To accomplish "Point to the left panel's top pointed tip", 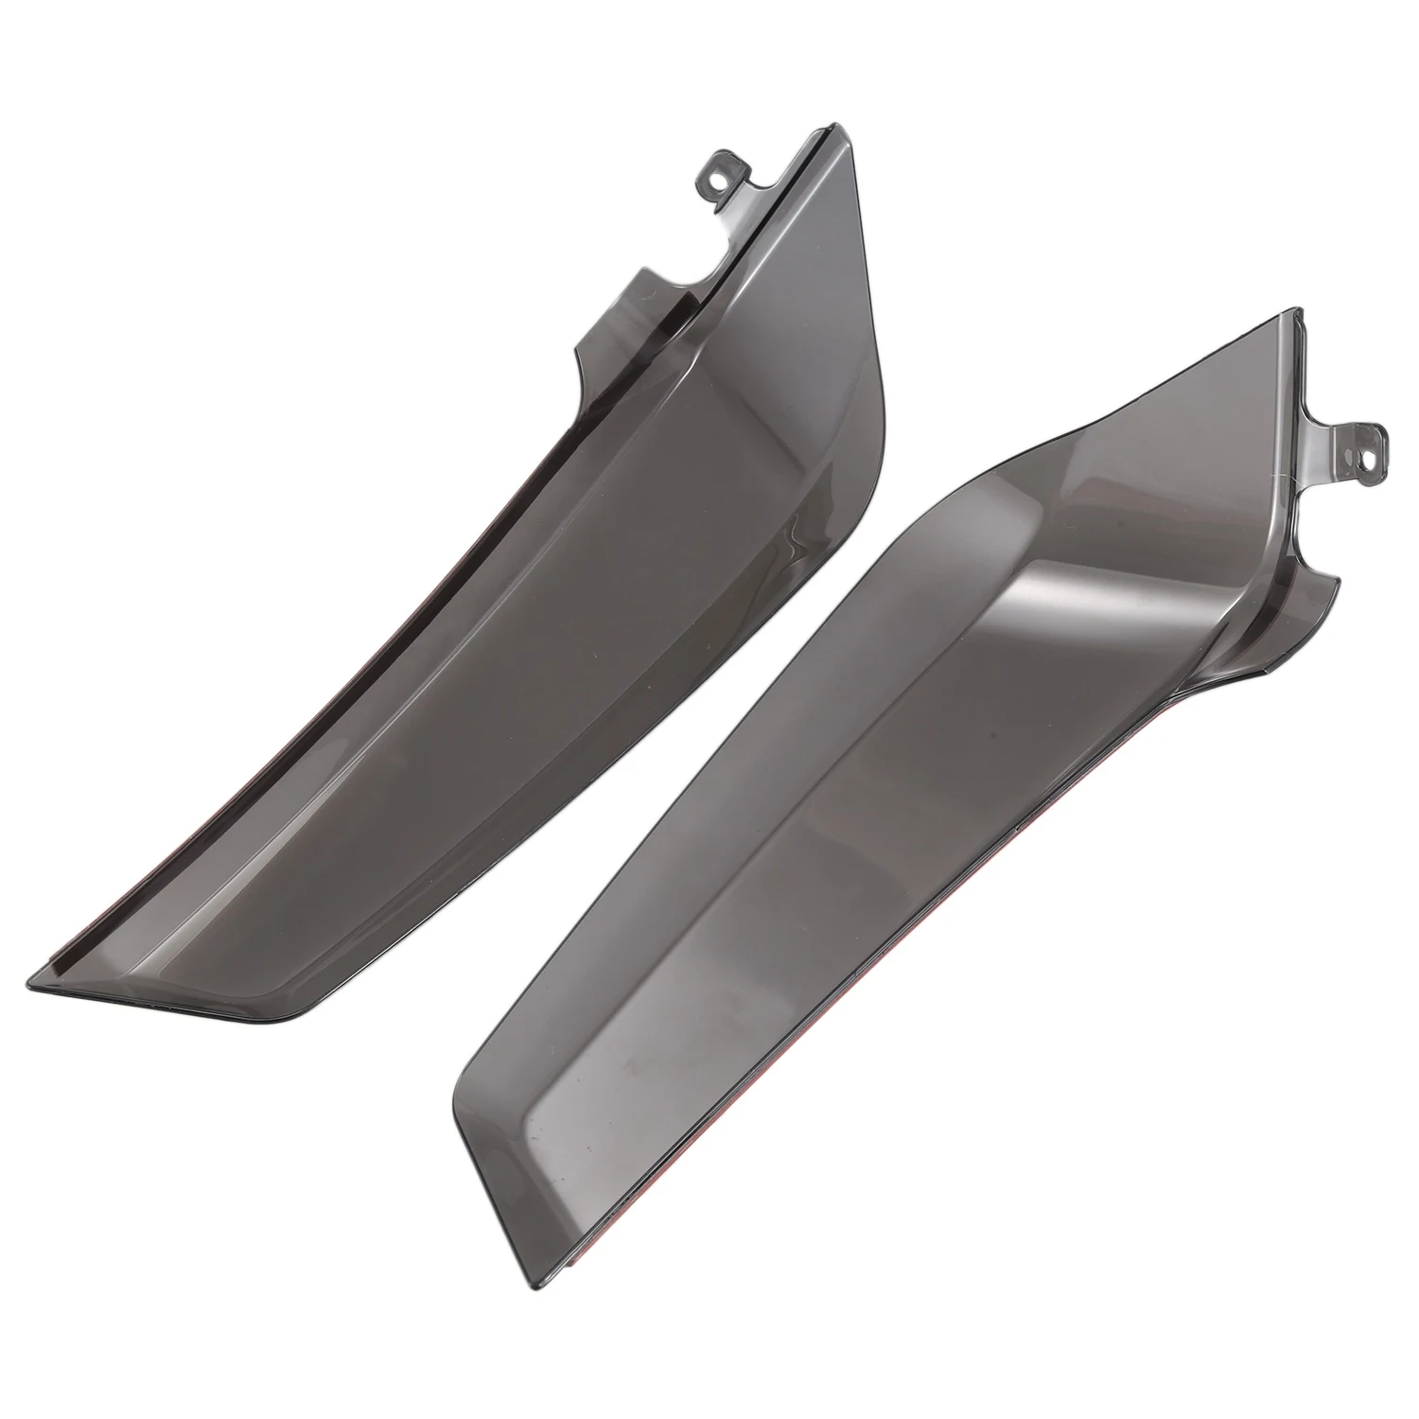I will (834, 124).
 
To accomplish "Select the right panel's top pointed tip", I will (1299, 309).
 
